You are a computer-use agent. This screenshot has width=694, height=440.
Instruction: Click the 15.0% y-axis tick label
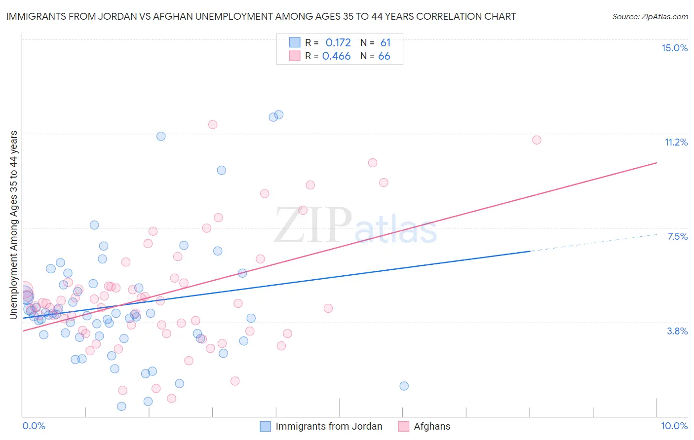coord(674,48)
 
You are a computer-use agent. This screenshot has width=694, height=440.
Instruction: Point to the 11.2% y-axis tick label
coord(676,142)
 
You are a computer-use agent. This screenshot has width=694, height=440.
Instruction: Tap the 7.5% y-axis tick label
coord(677,236)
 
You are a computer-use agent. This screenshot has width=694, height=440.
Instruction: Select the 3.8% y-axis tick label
coord(677,331)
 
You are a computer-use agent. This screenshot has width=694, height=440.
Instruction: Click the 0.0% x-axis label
coord(34,426)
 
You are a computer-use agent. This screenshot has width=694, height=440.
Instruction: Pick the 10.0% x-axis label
coord(674,426)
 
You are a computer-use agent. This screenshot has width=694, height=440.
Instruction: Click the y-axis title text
coord(14,225)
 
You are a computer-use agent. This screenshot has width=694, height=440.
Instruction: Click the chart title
coord(261,16)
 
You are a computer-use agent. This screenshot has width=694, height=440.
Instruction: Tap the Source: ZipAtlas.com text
coord(650,16)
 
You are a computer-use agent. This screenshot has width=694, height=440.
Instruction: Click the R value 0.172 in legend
coord(338,43)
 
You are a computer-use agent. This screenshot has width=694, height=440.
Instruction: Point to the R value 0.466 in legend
coord(336,56)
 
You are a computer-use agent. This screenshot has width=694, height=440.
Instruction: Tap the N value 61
coord(386,43)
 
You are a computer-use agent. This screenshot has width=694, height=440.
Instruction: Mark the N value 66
coord(384,56)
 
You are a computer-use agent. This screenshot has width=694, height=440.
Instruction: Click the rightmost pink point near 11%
coord(537,140)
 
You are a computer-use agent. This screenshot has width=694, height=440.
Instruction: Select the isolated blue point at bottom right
coord(404,386)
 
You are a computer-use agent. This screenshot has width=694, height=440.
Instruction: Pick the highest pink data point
coord(213,124)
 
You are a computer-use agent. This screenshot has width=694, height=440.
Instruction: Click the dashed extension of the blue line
coord(592,243)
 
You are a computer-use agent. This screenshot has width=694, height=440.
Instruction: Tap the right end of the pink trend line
coord(656,162)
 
